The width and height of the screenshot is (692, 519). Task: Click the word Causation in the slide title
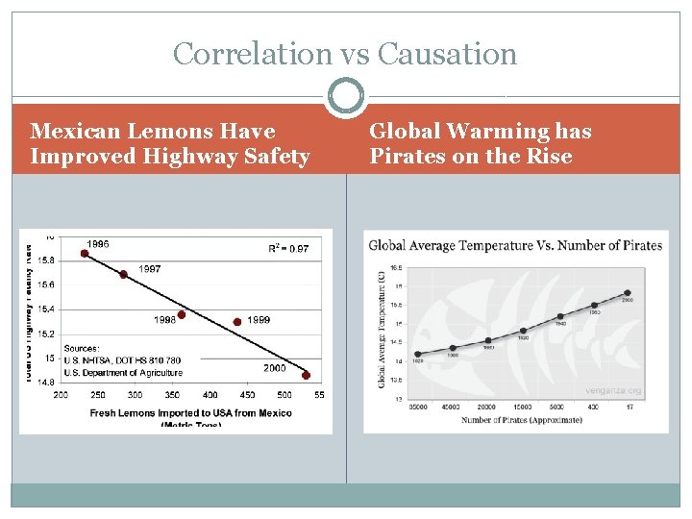447,54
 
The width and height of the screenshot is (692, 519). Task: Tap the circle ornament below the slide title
346,97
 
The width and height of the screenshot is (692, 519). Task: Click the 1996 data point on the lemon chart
85,254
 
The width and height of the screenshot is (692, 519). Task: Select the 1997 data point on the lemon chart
123,275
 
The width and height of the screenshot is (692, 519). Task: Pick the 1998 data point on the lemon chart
182,314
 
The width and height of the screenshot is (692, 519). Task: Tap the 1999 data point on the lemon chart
237,322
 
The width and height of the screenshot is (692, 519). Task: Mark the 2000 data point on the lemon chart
307,376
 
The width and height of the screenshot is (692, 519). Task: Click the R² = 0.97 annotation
288,249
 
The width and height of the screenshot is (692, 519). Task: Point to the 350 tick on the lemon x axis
172,395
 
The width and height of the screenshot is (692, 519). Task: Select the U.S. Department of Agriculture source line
123,373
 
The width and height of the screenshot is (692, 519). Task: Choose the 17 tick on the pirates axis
630,407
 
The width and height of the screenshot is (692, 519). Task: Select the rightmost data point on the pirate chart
628,293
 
